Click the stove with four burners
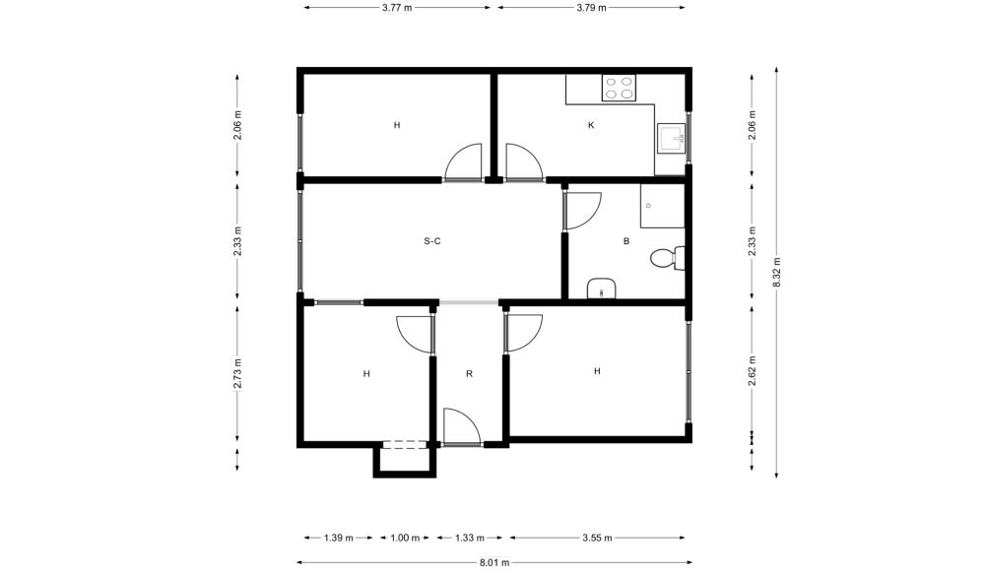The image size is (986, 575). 619,88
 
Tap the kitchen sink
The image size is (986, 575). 671,138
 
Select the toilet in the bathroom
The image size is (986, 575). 667,258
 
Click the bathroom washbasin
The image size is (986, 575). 602,288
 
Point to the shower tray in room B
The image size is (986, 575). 662,206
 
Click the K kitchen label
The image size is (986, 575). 591,125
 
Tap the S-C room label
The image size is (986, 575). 432,240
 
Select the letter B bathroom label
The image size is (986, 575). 625,240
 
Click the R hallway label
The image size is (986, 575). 469,374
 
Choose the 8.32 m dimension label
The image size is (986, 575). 776,272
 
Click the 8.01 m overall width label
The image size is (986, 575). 494,562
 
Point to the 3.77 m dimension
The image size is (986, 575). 397,8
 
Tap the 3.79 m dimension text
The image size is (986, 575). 591,8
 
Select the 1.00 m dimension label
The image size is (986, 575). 404,538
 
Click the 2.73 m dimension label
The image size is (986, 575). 237,374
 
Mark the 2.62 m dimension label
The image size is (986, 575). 753,371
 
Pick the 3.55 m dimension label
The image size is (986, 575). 597,538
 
